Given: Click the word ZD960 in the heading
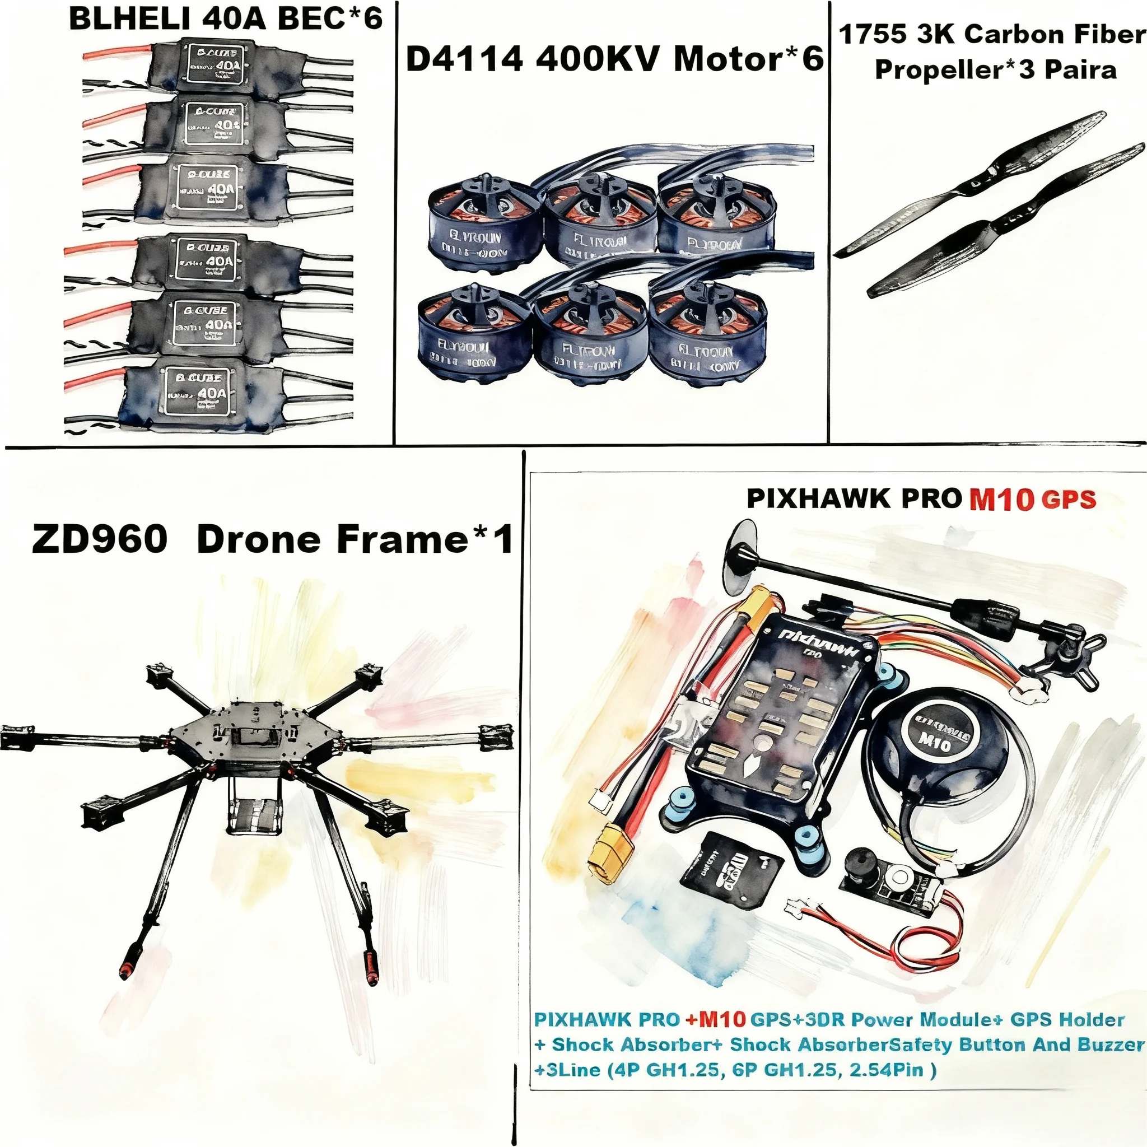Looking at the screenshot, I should pos(99,539).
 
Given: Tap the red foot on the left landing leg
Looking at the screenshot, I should pos(127,971).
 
